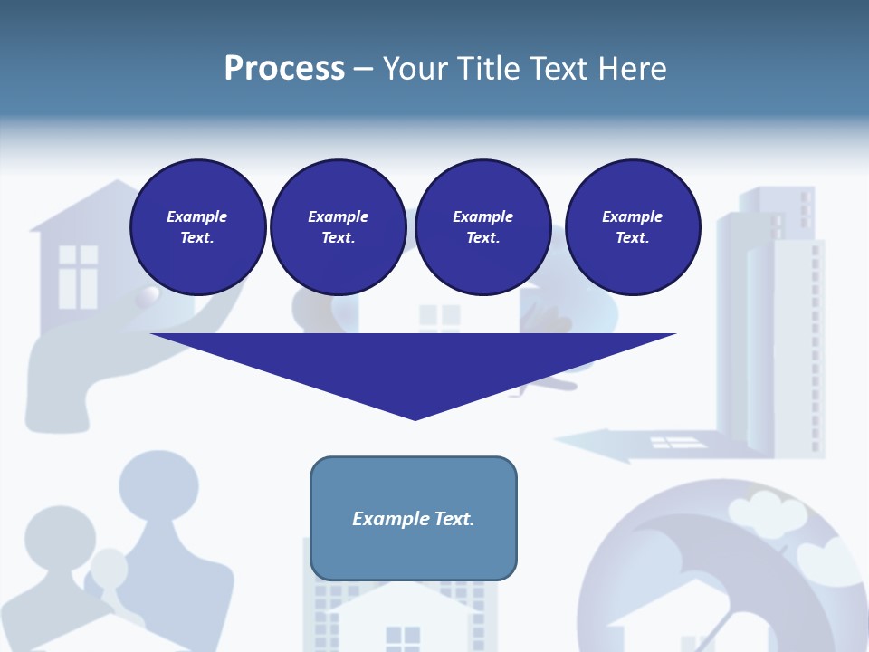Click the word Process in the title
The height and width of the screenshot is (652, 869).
pos(284,69)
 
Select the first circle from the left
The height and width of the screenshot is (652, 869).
pos(198,227)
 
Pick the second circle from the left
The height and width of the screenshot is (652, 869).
pos(339,227)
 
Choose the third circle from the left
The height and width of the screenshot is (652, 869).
pos(483,227)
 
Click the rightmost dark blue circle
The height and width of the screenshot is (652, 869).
pos(633,227)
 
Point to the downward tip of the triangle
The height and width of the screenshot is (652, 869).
pos(415,417)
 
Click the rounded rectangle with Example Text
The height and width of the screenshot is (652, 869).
pos(414,518)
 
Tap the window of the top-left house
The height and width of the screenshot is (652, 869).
pos(78,276)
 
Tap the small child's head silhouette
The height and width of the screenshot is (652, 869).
pos(110,569)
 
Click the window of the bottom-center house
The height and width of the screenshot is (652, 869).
pos(403,638)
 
